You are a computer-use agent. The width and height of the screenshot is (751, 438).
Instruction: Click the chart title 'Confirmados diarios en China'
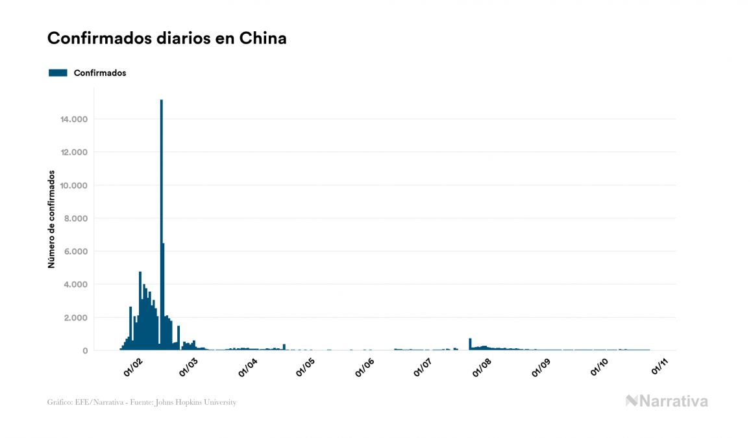click(167, 38)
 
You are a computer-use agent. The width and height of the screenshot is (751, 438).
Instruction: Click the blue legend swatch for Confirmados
click(58, 73)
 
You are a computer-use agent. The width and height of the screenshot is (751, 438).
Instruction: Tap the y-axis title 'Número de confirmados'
click(51, 220)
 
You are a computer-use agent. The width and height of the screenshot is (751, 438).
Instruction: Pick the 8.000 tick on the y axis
click(75, 219)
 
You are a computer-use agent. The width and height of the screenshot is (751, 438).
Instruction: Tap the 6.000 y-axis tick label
click(75, 252)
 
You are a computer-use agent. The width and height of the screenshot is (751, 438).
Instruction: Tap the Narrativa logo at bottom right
click(667, 401)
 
